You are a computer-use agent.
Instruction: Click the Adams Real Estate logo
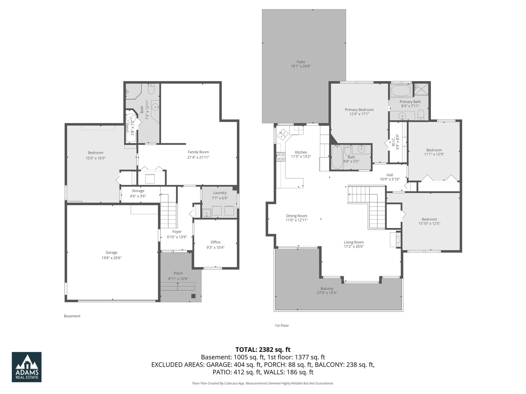click(27, 367)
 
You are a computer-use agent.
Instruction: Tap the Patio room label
click(301, 62)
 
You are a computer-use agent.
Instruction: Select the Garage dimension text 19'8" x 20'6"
click(111, 258)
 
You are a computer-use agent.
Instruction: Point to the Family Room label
click(198, 152)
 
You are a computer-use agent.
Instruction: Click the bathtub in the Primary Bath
click(401, 91)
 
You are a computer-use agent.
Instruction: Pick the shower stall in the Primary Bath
click(421, 89)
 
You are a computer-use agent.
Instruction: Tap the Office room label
click(215, 242)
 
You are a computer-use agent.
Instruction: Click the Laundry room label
click(220, 193)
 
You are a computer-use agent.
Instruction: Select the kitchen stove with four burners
click(281, 157)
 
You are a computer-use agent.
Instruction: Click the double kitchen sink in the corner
click(282, 134)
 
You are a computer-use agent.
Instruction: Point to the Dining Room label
click(297, 216)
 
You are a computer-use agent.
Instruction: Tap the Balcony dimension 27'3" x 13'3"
click(327, 293)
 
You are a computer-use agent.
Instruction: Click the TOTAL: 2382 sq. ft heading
click(263, 350)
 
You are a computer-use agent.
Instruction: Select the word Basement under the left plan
click(72, 316)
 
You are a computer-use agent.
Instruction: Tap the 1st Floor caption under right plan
click(282, 326)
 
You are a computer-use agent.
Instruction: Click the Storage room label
click(138, 191)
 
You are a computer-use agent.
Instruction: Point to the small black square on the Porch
click(193, 296)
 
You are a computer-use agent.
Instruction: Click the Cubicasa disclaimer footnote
click(263, 383)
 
